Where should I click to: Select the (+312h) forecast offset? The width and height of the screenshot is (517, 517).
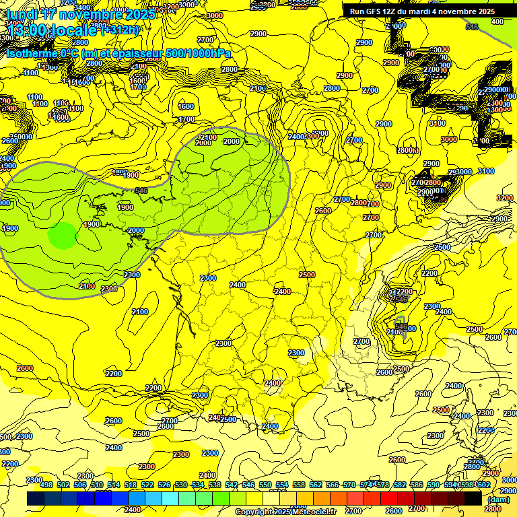point(121,30)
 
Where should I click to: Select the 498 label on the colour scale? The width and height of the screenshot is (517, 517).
point(46,485)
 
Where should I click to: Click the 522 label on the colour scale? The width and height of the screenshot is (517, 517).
point(147,485)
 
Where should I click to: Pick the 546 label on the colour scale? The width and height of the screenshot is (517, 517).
point(248,485)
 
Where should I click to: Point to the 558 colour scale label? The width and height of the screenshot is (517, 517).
point(299,485)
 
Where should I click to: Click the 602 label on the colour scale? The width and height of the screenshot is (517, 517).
point(483,485)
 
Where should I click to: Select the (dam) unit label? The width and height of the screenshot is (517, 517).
point(498,499)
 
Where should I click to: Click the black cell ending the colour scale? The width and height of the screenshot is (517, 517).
point(473,498)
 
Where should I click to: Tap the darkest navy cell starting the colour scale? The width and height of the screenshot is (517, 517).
point(36,498)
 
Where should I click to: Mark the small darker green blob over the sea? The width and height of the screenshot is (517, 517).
point(63,236)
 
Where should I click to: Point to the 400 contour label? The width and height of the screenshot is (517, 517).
point(497,22)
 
